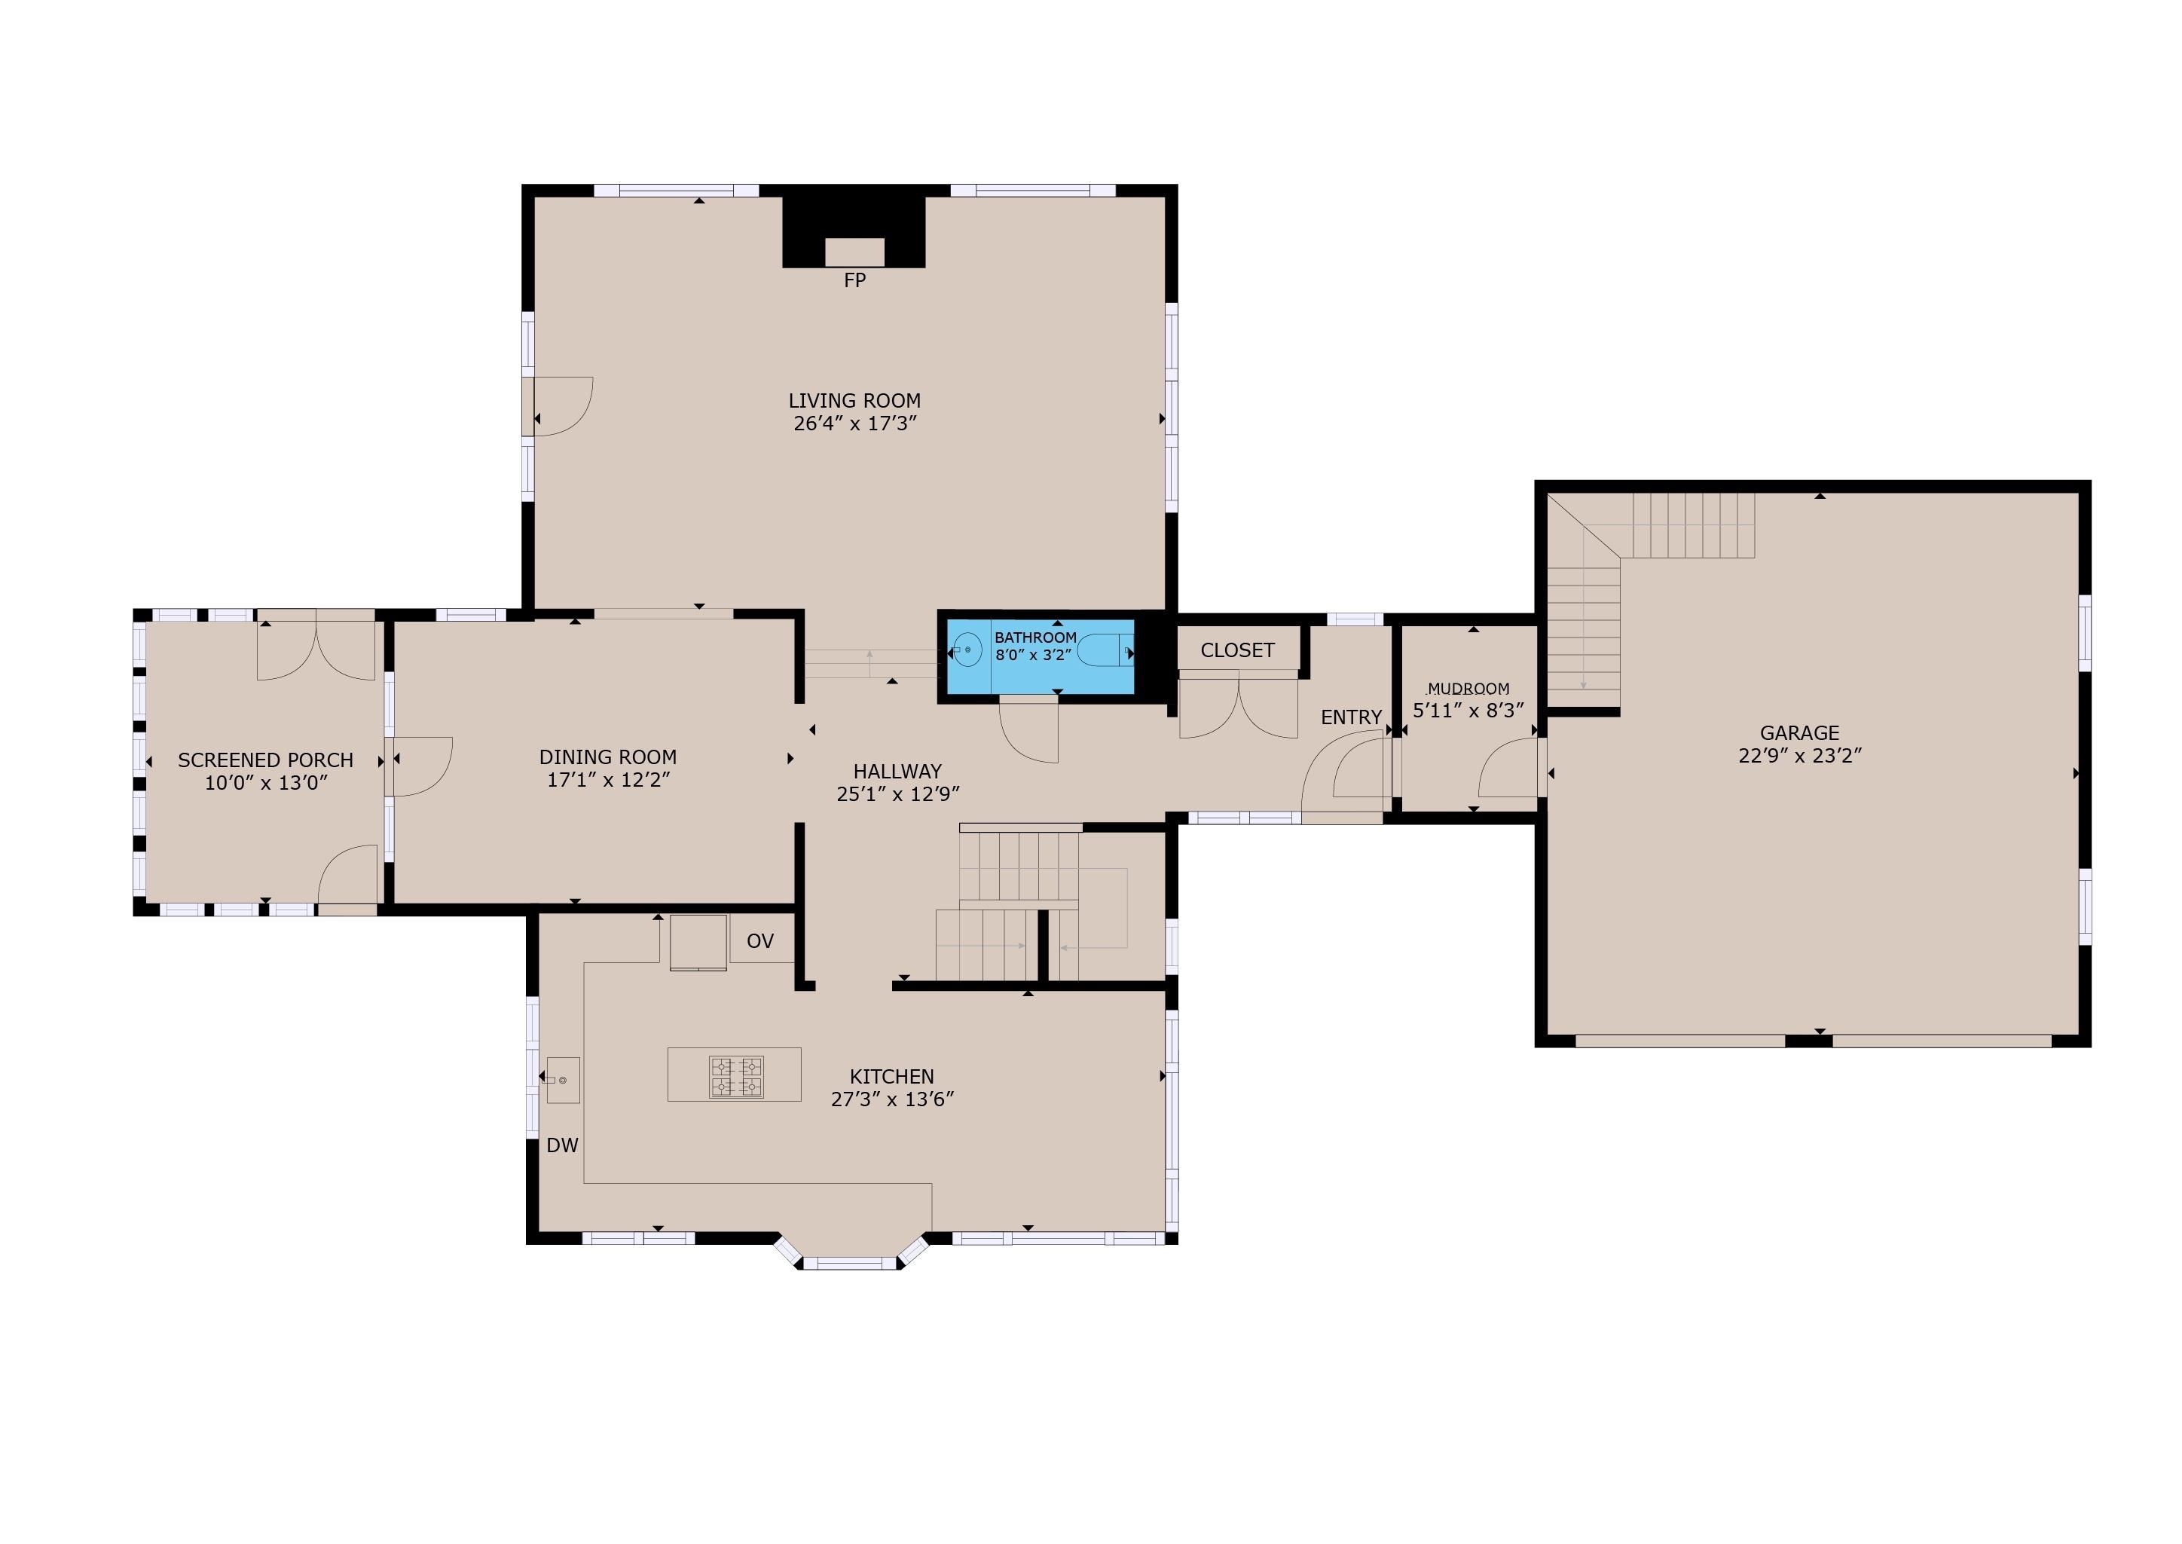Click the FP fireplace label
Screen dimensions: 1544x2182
coord(854,280)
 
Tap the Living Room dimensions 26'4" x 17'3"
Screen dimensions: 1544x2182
coord(854,424)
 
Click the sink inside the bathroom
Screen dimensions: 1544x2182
coord(967,650)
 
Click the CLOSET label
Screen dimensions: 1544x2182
coord(1236,650)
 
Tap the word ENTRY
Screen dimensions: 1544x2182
coord(1350,718)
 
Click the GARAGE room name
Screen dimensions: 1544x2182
coord(1799,733)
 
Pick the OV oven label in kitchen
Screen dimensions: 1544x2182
coord(760,941)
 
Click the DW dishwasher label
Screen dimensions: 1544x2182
coord(563,1145)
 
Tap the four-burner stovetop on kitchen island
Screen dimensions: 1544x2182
coord(735,1078)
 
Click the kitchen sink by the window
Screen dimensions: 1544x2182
coord(563,1080)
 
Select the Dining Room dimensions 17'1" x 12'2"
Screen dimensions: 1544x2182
coord(608,781)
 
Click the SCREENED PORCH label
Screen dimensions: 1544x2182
coord(265,760)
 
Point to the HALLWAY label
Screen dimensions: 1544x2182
coord(897,771)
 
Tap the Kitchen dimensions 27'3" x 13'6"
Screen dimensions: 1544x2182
coord(891,1100)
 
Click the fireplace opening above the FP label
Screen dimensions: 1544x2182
coord(854,252)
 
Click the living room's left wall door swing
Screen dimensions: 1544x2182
coord(563,406)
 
